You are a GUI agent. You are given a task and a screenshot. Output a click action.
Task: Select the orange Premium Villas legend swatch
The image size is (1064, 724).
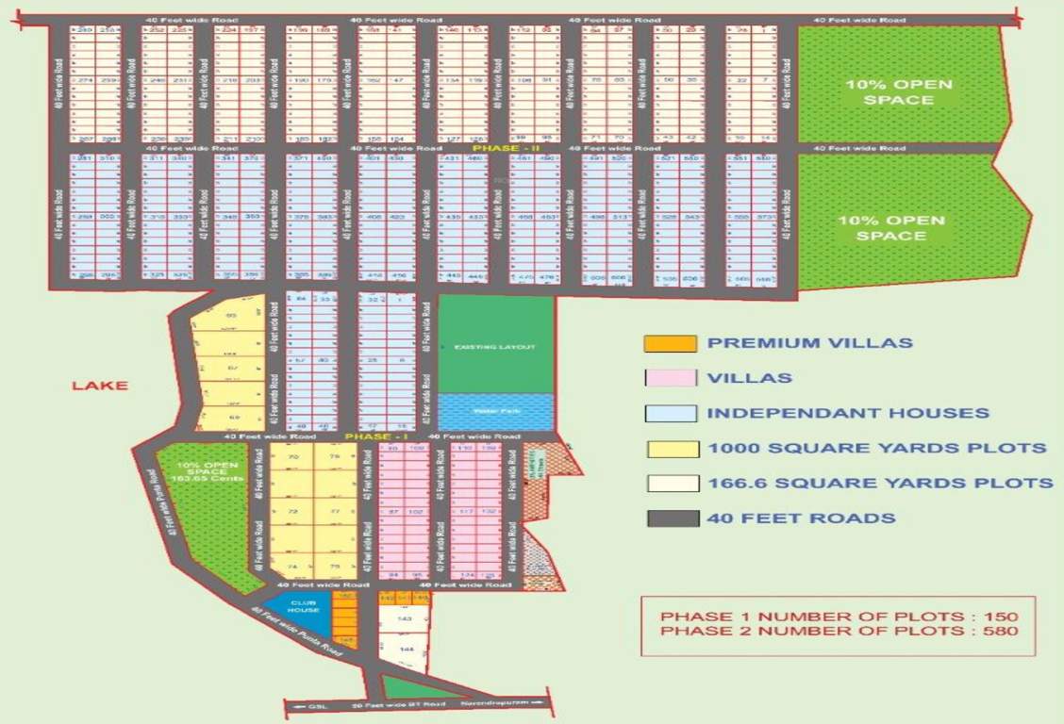tap(670, 343)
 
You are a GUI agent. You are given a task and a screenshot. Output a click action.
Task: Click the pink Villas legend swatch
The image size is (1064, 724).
tap(670, 378)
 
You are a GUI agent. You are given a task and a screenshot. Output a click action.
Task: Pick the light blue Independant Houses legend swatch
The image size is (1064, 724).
tap(670, 413)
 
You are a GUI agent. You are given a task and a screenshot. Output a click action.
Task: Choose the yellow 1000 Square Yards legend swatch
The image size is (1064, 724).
tap(670, 448)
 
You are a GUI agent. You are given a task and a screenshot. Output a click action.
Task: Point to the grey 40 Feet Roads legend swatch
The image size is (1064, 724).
tap(670, 518)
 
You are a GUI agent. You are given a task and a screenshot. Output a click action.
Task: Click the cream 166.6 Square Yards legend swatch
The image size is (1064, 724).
tap(670, 483)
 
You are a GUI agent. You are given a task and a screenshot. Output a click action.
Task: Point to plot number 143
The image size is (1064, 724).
tap(406, 619)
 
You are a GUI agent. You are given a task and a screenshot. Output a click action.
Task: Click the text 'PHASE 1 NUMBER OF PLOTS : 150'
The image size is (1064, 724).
tap(839, 616)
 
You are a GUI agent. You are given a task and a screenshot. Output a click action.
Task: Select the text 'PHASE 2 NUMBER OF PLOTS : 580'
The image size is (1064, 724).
tap(839, 631)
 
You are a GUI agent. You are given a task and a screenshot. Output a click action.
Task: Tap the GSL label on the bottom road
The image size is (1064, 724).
tap(315, 704)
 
